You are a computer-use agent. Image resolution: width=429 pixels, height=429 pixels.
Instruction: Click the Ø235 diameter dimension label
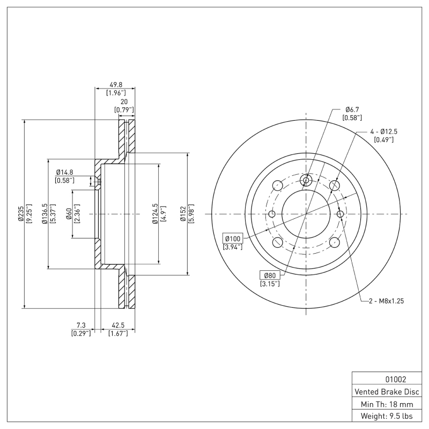pos(20,213)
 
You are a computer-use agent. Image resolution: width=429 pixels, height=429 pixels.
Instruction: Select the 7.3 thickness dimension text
pos(81,325)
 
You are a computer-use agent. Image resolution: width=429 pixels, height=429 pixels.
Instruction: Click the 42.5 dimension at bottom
pos(117,325)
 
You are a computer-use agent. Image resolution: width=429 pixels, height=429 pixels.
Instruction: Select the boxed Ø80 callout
pos(269,275)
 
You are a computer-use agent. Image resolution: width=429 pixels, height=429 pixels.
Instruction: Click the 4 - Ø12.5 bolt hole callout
pos(387,131)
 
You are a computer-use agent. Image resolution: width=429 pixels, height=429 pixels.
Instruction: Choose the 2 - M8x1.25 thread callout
pos(386,301)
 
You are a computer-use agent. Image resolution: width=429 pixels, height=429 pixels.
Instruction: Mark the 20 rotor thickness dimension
pos(124,101)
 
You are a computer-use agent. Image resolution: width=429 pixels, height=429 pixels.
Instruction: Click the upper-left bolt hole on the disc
pos(277,186)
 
